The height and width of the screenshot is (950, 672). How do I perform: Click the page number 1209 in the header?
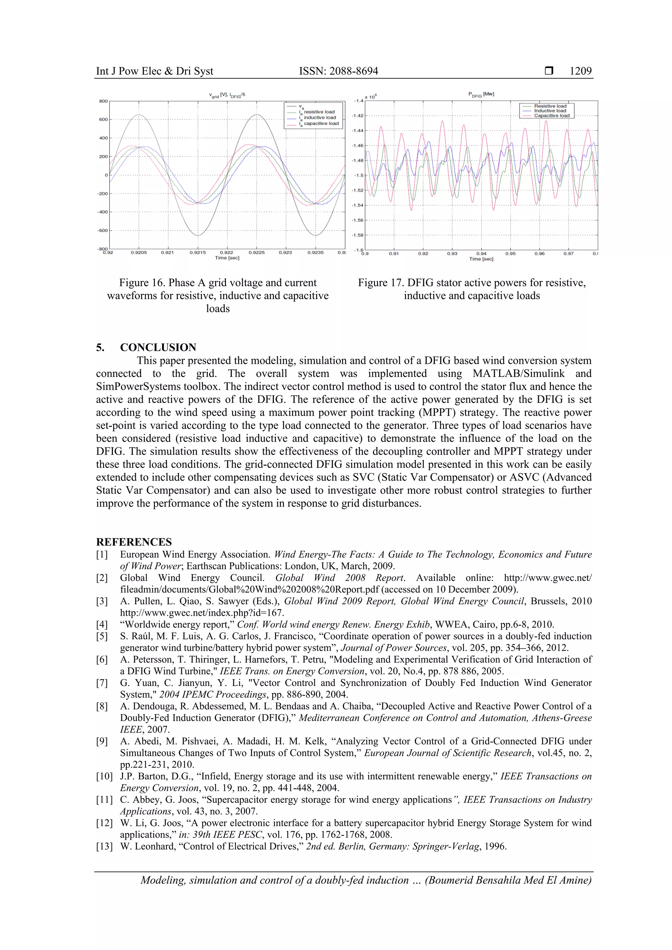[580, 71]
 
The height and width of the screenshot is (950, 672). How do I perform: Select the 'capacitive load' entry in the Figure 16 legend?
[321, 123]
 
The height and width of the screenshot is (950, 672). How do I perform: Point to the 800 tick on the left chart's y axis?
[103, 101]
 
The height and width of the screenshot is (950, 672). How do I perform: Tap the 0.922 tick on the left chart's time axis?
[226, 252]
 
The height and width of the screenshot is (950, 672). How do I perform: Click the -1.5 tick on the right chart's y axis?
[358, 176]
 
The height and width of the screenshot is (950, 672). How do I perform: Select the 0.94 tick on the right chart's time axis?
[481, 254]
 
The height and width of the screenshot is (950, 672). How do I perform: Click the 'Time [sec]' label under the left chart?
[227, 258]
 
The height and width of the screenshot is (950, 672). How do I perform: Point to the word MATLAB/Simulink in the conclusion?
[518, 373]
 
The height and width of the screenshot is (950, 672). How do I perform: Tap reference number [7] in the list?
[102, 683]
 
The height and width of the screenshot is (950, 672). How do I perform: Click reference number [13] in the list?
[104, 846]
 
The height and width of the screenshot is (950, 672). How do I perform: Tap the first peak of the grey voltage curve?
[139, 114]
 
